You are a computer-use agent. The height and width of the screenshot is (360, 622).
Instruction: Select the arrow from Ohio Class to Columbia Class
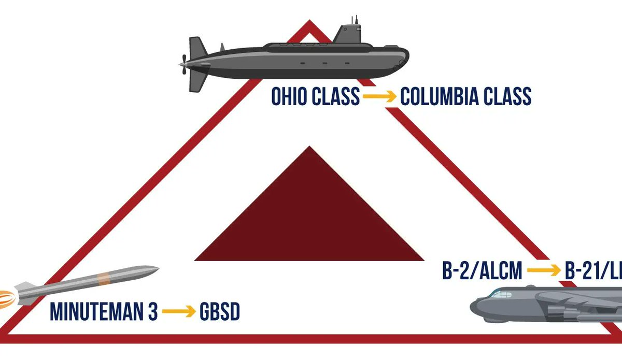coord(379,97)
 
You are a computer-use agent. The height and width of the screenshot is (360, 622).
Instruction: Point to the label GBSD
coord(220,312)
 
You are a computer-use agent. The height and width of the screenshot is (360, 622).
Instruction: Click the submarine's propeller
coord(183,64)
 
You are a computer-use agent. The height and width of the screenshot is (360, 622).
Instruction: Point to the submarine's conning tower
coord(348,34)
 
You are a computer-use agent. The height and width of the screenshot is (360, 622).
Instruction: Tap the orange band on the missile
coord(104,278)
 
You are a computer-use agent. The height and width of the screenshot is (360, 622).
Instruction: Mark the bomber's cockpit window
coord(500,295)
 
